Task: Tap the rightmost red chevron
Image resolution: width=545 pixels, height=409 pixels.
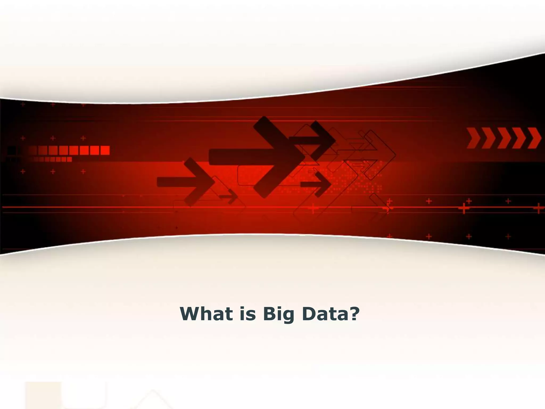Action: click(534, 138)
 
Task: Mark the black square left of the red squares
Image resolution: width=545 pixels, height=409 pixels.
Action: click(11, 150)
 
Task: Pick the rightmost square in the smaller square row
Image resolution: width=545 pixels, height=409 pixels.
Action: click(69, 159)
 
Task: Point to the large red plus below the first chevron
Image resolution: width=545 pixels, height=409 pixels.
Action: click(464, 208)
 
